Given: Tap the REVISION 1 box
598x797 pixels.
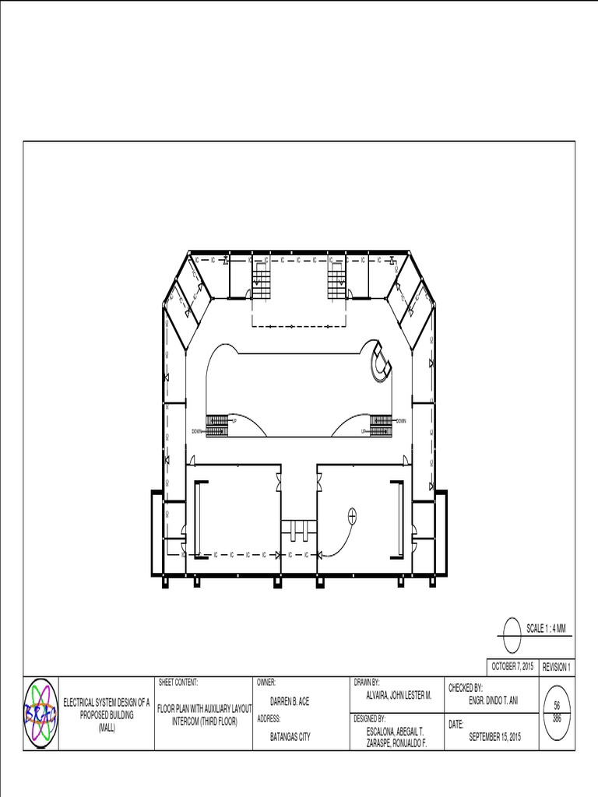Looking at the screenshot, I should tap(556, 667).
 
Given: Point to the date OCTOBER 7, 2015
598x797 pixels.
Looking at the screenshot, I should tap(512, 667).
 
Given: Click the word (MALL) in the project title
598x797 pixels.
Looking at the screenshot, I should tap(106, 727).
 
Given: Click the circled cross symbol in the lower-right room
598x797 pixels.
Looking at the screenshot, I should tap(351, 514).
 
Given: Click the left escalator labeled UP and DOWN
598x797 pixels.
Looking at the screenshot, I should tap(216, 425).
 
